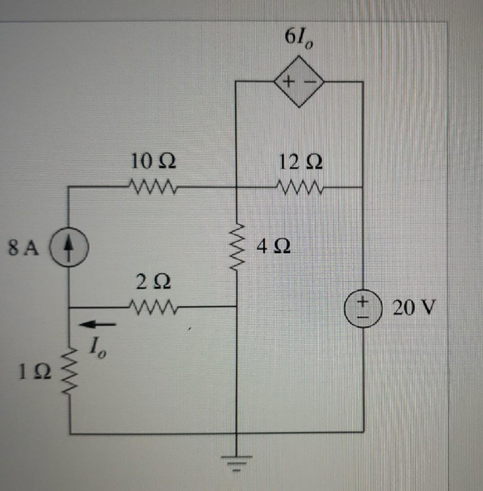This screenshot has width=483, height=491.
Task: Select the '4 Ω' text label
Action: tap(274, 246)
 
